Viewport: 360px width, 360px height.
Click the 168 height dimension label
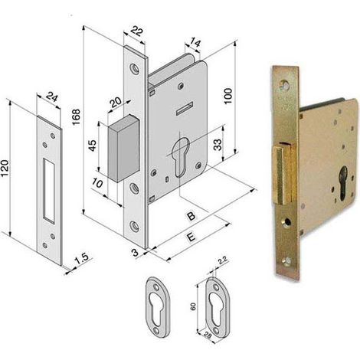click(76, 116)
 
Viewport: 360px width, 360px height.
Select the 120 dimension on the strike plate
click(5, 168)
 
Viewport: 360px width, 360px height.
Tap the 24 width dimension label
click(52, 98)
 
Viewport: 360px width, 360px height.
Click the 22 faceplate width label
click(136, 31)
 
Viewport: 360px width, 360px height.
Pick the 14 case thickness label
click(195, 42)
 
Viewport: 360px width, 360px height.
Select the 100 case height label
click(227, 96)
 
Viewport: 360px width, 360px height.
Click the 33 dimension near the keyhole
click(218, 145)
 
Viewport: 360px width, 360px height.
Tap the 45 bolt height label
click(93, 146)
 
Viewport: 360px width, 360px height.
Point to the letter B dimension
click(191, 216)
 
